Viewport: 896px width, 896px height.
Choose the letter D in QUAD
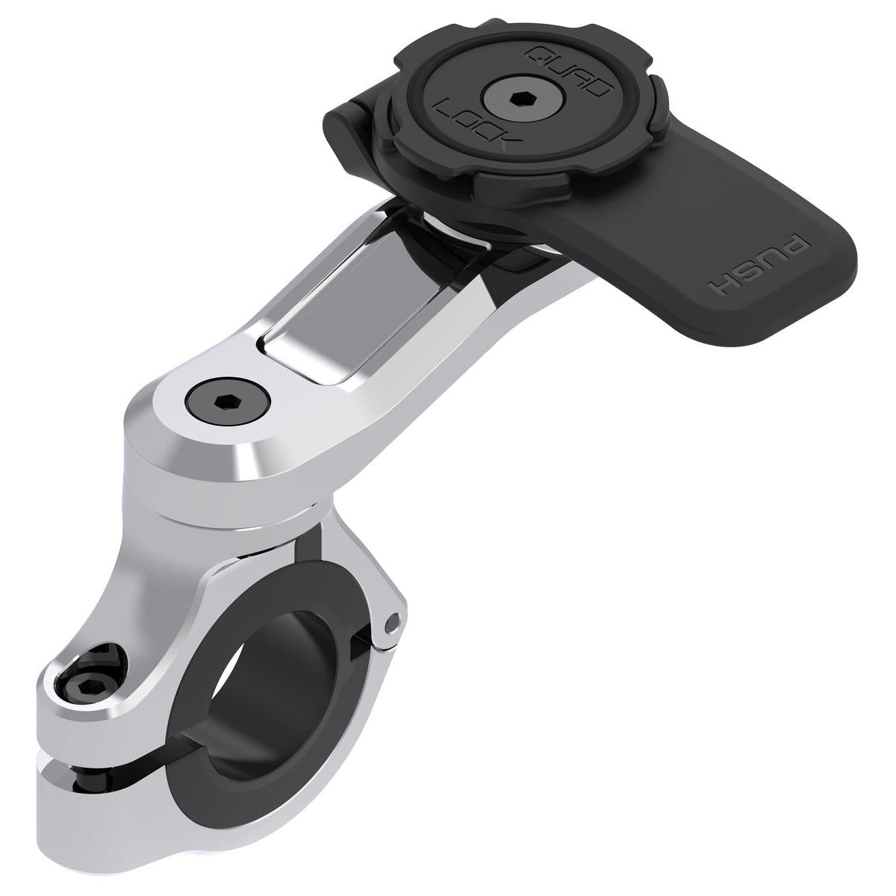tap(598, 90)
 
